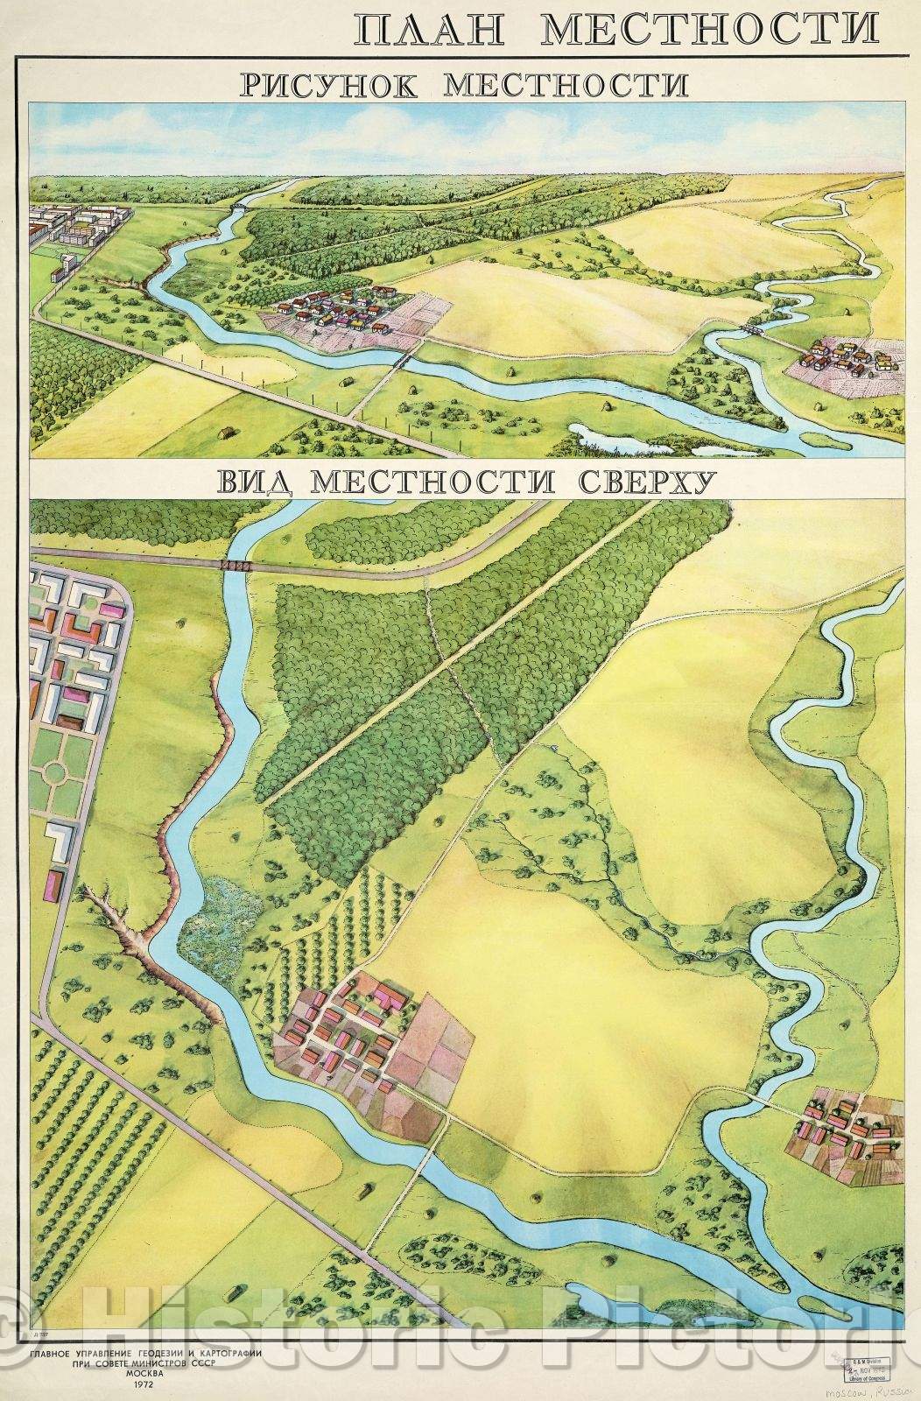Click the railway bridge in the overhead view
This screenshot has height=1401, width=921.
pyautogui.click(x=236, y=566)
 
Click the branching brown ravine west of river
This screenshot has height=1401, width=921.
pyautogui.click(x=123, y=928)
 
